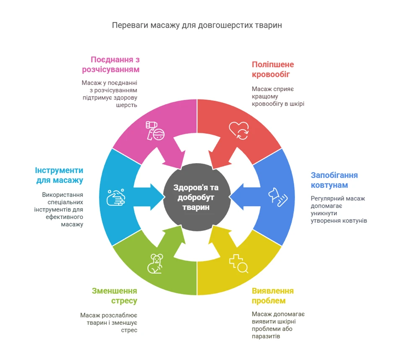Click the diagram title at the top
pyautogui.click(x=197, y=26)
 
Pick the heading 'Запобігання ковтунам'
pyautogui.click(x=334, y=180)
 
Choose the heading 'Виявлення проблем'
pyautogui.click(x=272, y=296)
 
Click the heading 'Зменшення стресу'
pyautogui.click(x=114, y=296)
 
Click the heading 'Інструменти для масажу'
pyautogui.click(x=59, y=175)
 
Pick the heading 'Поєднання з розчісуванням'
pyautogui.click(x=115, y=64)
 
